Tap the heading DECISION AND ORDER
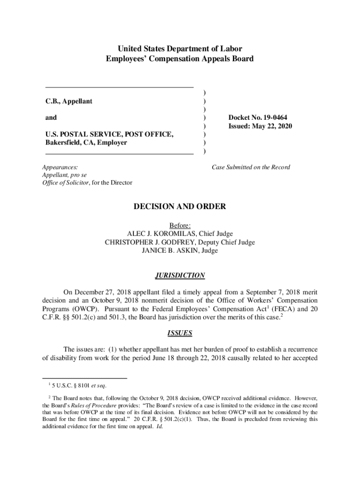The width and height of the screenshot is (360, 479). [x=180, y=206]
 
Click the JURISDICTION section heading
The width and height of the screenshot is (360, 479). [x=180, y=276]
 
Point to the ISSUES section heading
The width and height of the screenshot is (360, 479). [x=180, y=334]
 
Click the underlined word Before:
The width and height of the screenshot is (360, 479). [x=180, y=225]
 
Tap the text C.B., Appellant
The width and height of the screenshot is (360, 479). [x=69, y=101]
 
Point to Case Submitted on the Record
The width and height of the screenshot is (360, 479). [x=251, y=167]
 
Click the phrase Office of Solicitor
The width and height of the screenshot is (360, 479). [x=65, y=182]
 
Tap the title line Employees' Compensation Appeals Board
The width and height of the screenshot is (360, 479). [x=180, y=59]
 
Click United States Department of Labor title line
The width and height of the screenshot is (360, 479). [x=180, y=49]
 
